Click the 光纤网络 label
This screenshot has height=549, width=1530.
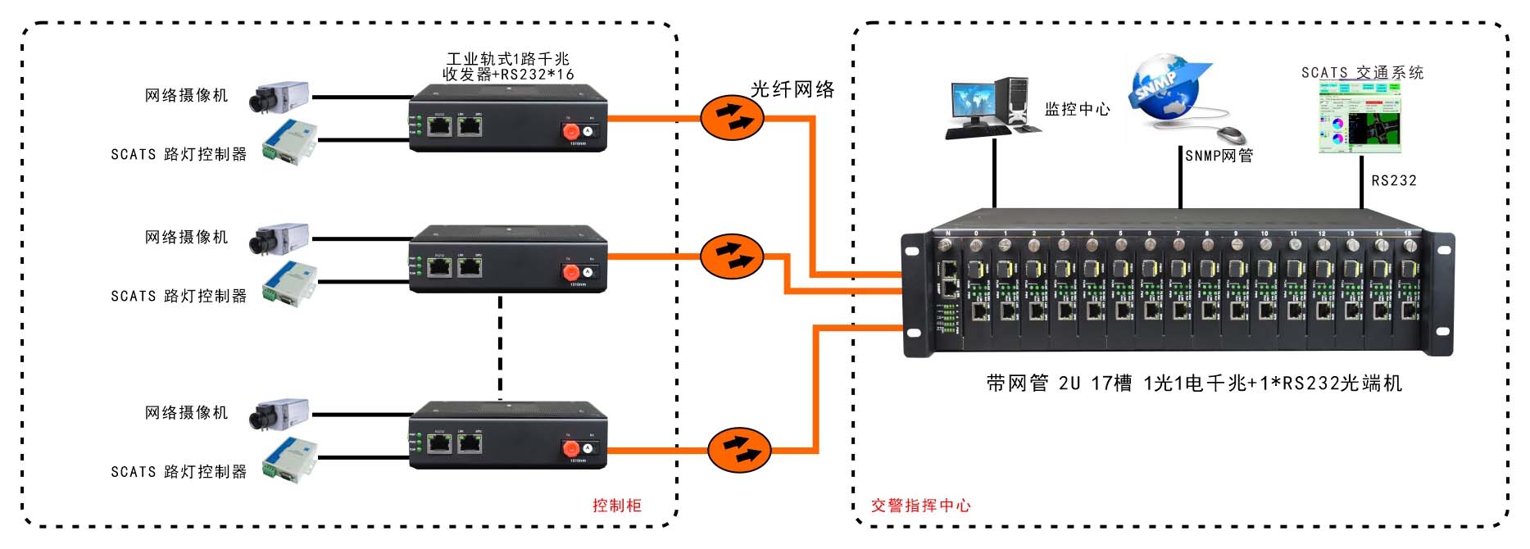pos(792,89)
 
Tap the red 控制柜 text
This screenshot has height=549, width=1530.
pos(617,506)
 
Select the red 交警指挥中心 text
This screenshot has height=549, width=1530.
pos(920,506)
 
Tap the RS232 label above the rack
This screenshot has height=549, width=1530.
pos(1393,180)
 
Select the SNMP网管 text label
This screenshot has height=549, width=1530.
pos(1219,156)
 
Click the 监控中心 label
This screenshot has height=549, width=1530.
pos(1078,109)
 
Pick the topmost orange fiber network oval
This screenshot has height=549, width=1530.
pos(732,117)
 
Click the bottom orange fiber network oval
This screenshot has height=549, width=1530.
pos(739,450)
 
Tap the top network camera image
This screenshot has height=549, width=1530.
pos(280,97)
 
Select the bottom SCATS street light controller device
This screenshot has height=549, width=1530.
pos(289,457)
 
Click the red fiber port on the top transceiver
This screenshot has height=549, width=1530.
pos(570,131)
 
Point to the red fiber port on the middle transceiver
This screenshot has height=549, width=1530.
pos(570,272)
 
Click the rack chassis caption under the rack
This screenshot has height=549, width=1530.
pos(1194,383)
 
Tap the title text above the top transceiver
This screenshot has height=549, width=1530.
pos(508,66)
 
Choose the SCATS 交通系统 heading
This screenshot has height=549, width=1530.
pos(1362,73)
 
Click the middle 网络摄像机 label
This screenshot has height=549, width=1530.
pos(187,238)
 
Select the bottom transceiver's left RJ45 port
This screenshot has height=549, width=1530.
pos(439,443)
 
